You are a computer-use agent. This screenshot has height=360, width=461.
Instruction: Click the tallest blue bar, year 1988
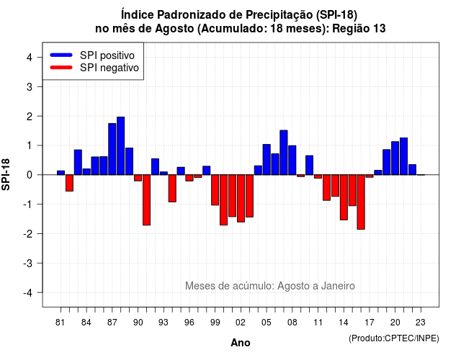pyautogui.click(x=120, y=145)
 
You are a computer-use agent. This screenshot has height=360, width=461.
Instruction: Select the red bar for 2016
pyautogui.click(x=361, y=202)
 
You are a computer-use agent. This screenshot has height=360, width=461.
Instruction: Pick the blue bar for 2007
pyautogui.click(x=284, y=153)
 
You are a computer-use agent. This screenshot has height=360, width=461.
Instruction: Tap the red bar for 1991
pyautogui.click(x=146, y=200)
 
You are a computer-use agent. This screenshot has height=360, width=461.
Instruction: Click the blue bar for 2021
pyautogui.click(x=403, y=156)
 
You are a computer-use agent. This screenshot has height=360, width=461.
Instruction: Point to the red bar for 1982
pyautogui.click(x=69, y=183)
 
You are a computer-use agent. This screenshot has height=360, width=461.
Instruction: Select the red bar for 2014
pyautogui.click(x=344, y=197)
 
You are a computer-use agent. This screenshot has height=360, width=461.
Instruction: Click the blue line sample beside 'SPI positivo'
pyautogui.click(x=61, y=55)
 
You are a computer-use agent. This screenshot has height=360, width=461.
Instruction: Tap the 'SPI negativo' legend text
pyautogui.click(x=109, y=68)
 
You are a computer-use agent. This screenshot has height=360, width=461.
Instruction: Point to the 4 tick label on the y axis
pyautogui.click(x=30, y=58)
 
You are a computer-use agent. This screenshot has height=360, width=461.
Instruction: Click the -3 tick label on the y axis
pyautogui.click(x=28, y=263)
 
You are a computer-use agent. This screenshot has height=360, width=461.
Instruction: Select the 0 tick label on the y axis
pyautogui.click(x=30, y=175)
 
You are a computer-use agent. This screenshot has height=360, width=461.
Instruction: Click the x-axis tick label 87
pyautogui.click(x=112, y=323)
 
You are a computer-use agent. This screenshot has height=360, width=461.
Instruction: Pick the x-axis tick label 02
pyautogui.click(x=241, y=323)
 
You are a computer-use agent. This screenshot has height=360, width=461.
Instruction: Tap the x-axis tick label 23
pyautogui.click(x=421, y=323)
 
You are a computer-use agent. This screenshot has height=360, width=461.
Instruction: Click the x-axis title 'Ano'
pyautogui.click(x=241, y=343)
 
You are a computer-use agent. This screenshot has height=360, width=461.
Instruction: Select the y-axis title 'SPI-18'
pyautogui.click(x=6, y=174)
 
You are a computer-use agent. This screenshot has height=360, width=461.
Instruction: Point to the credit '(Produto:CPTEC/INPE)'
pyautogui.click(x=394, y=338)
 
